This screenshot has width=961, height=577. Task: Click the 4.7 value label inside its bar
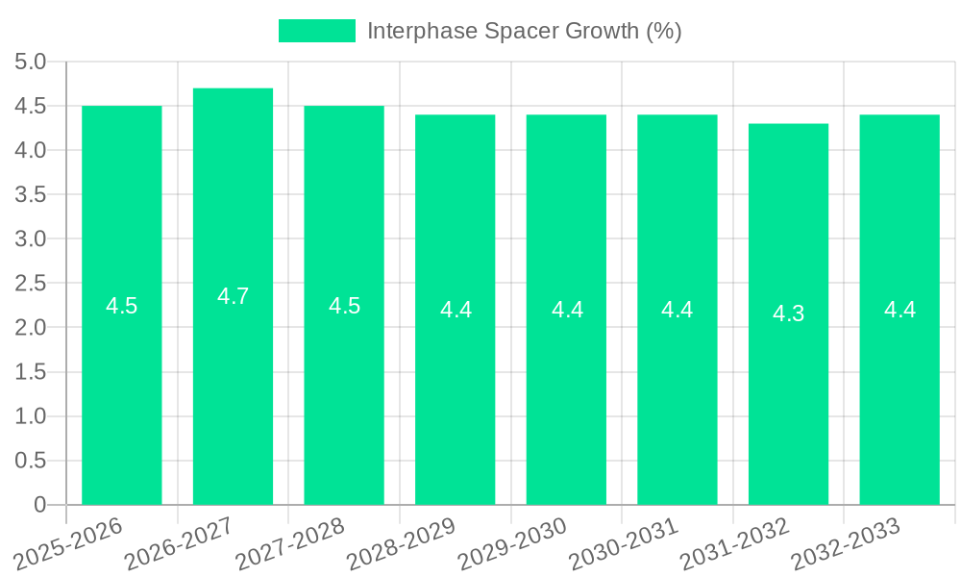tap(233, 296)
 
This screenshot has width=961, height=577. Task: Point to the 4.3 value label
tap(788, 314)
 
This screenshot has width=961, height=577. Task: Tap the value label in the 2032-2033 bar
tap(899, 310)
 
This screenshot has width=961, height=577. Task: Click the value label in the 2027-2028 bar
tap(344, 306)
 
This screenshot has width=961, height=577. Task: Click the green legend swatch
tap(316, 31)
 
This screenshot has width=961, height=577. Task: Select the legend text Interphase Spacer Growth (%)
tap(524, 31)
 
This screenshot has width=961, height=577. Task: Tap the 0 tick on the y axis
tap(39, 505)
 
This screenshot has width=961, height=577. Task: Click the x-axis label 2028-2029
tap(402, 543)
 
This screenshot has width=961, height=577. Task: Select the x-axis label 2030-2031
tap(625, 543)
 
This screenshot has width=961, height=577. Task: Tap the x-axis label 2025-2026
tap(69, 543)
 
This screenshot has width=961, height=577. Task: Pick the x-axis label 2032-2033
tap(847, 543)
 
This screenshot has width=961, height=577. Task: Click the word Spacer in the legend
tap(512, 31)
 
